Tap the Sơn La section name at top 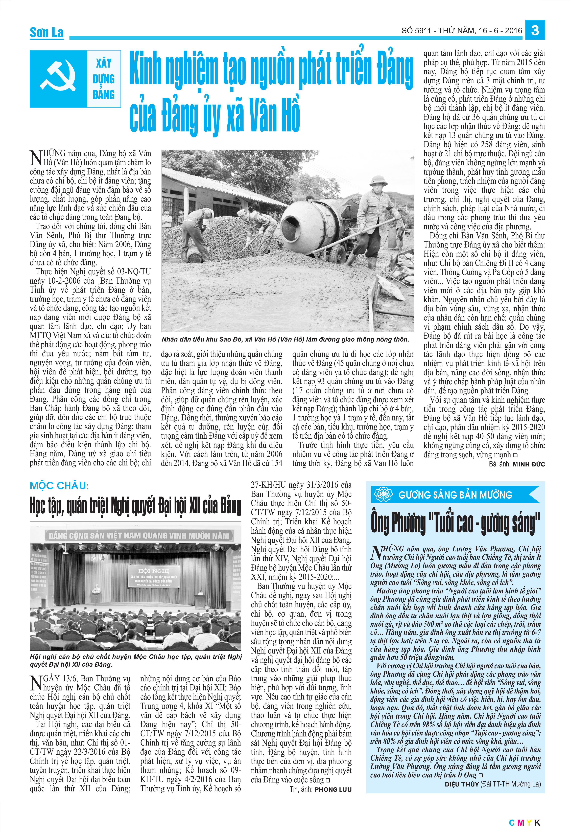(x=46, y=33)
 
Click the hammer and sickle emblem (x=58, y=79)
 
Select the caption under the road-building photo (x=285, y=339)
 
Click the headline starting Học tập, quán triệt (x=135, y=506)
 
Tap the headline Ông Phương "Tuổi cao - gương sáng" (x=455, y=524)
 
